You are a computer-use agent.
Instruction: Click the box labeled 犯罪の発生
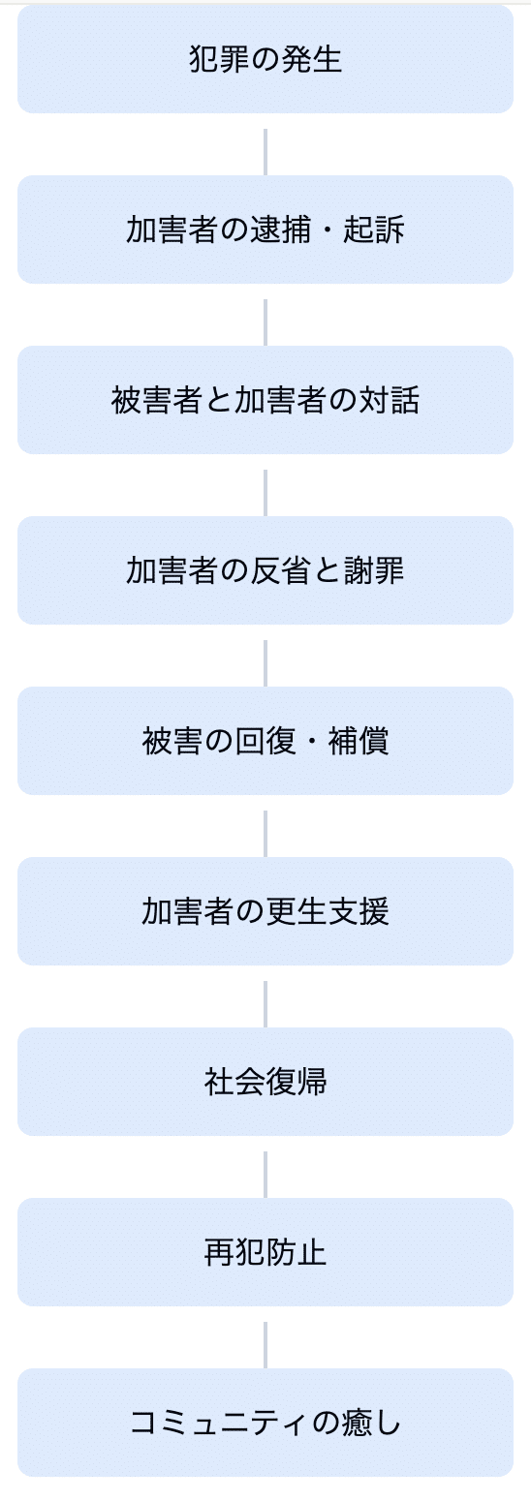[265, 59]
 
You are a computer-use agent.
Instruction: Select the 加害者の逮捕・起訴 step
[265, 230]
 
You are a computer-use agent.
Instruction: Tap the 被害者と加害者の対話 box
[265, 400]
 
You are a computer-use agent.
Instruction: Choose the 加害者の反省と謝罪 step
[265, 570]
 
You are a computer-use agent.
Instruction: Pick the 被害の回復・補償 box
[265, 741]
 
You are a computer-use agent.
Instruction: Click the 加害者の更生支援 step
[265, 911]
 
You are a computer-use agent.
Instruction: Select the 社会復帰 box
[265, 1082]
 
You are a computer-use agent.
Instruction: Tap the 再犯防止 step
[265, 1252]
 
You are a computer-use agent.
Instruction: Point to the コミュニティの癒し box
[265, 1423]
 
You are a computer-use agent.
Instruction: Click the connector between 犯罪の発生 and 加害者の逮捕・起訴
[265, 144]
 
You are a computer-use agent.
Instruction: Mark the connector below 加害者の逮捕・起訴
[265, 315]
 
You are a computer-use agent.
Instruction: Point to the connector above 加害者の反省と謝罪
[265, 485]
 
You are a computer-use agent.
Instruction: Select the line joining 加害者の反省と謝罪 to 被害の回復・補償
[265, 656]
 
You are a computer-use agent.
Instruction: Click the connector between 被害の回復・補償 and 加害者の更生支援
[265, 826]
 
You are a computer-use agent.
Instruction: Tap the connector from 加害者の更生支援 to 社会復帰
[265, 996]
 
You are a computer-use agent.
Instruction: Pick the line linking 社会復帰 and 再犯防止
[265, 1167]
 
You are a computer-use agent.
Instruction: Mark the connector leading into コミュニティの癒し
[265, 1337]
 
